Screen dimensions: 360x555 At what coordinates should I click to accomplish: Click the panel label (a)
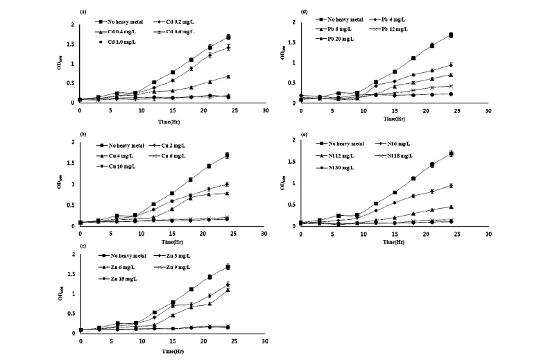83,12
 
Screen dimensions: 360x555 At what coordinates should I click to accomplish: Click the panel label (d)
304,11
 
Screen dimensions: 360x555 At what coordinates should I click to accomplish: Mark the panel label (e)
304,129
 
